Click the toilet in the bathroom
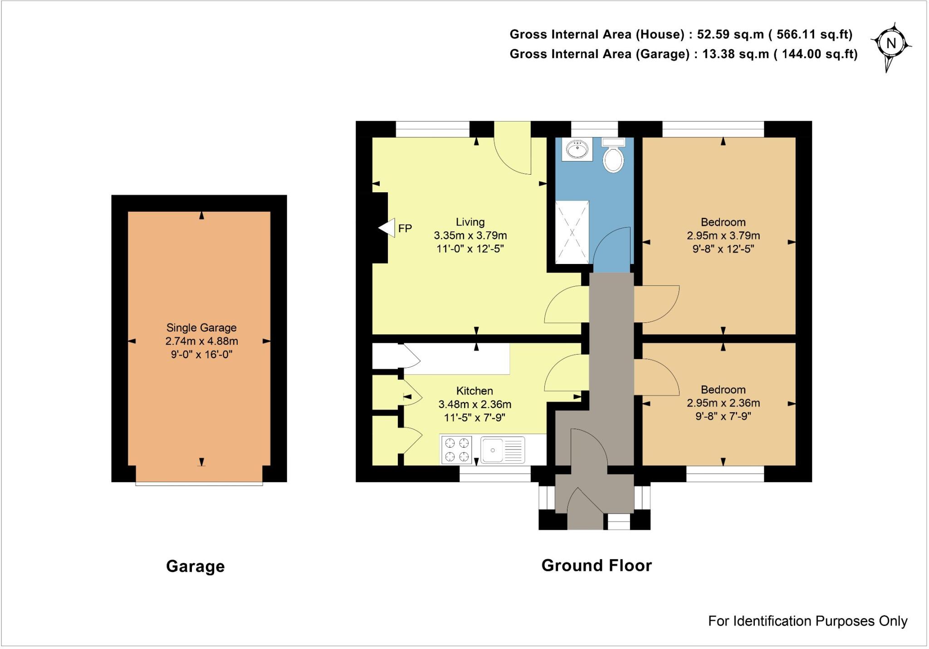pos(613,156)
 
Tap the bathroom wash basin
pos(577,149)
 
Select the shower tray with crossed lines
pos(572,233)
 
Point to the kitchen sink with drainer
pos(503,449)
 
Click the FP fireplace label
pos(405,229)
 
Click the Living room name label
pos(470,222)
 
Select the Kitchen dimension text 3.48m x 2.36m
pos(474,404)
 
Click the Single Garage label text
pos(201,327)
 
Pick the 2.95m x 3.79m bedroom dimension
pos(723,235)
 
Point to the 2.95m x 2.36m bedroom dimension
pos(723,403)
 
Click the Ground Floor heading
pos(597,566)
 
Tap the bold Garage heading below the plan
pos(196,566)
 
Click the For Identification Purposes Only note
pos(807,621)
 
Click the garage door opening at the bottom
pos(199,483)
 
